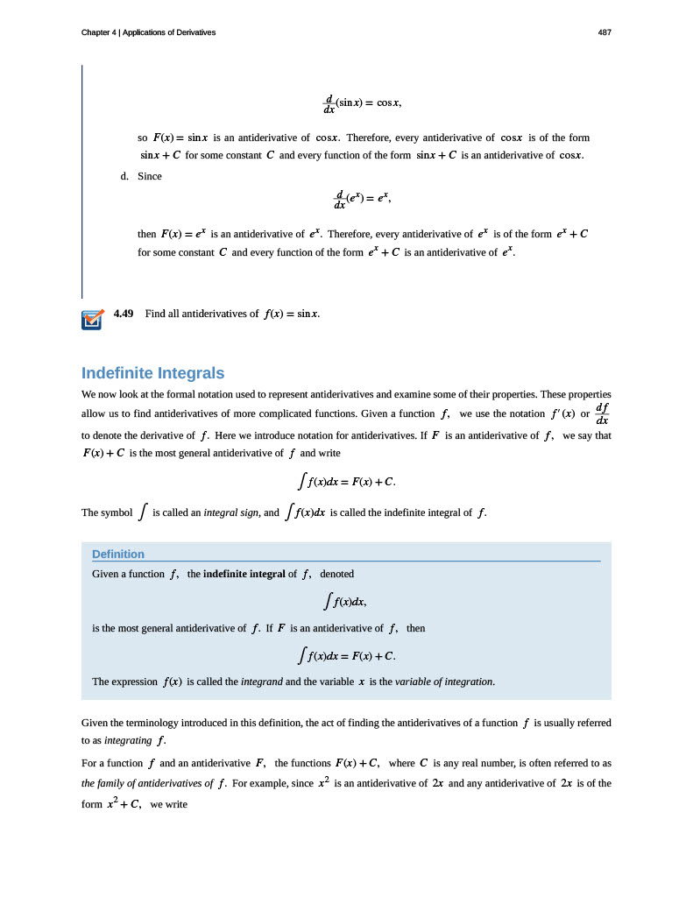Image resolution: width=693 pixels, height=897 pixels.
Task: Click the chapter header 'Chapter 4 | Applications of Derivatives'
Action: click(x=148, y=32)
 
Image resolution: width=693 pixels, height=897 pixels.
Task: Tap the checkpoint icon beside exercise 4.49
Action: click(x=92, y=320)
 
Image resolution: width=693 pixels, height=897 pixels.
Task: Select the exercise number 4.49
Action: click(x=124, y=313)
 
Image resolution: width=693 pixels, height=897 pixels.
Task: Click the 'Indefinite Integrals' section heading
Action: click(x=152, y=372)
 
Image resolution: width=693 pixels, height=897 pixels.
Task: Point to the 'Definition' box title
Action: click(x=118, y=554)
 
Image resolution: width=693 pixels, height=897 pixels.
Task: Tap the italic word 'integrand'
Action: click(x=261, y=681)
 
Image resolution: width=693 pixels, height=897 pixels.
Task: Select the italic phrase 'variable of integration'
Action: click(x=444, y=681)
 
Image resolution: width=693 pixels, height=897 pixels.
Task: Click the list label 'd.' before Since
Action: click(x=125, y=175)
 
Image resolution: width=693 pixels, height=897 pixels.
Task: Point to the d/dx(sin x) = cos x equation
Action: click(x=362, y=103)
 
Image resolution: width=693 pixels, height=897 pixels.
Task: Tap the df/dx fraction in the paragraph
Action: click(x=602, y=413)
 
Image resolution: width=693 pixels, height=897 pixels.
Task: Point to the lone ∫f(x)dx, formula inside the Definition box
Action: click(x=345, y=601)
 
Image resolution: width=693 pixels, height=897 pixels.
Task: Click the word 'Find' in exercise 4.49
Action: click(x=155, y=313)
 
